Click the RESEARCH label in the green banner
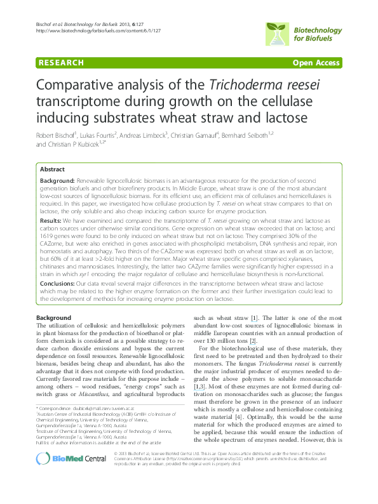(x=61, y=63)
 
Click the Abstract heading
(x=52, y=169)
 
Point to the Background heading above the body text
(x=53, y=317)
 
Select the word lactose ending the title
(x=317, y=117)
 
